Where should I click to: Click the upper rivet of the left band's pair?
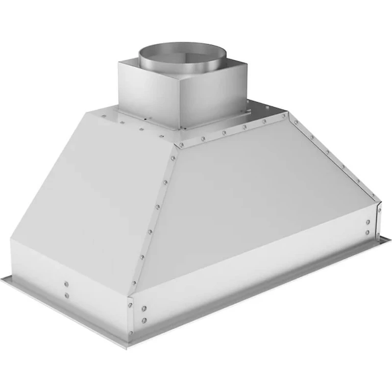tap(66, 284)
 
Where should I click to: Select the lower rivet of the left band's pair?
tap(66, 295)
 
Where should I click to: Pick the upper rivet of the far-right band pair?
tap(367, 222)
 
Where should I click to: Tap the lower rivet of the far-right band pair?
tap(367, 232)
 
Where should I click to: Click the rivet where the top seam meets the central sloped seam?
tap(180, 145)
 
